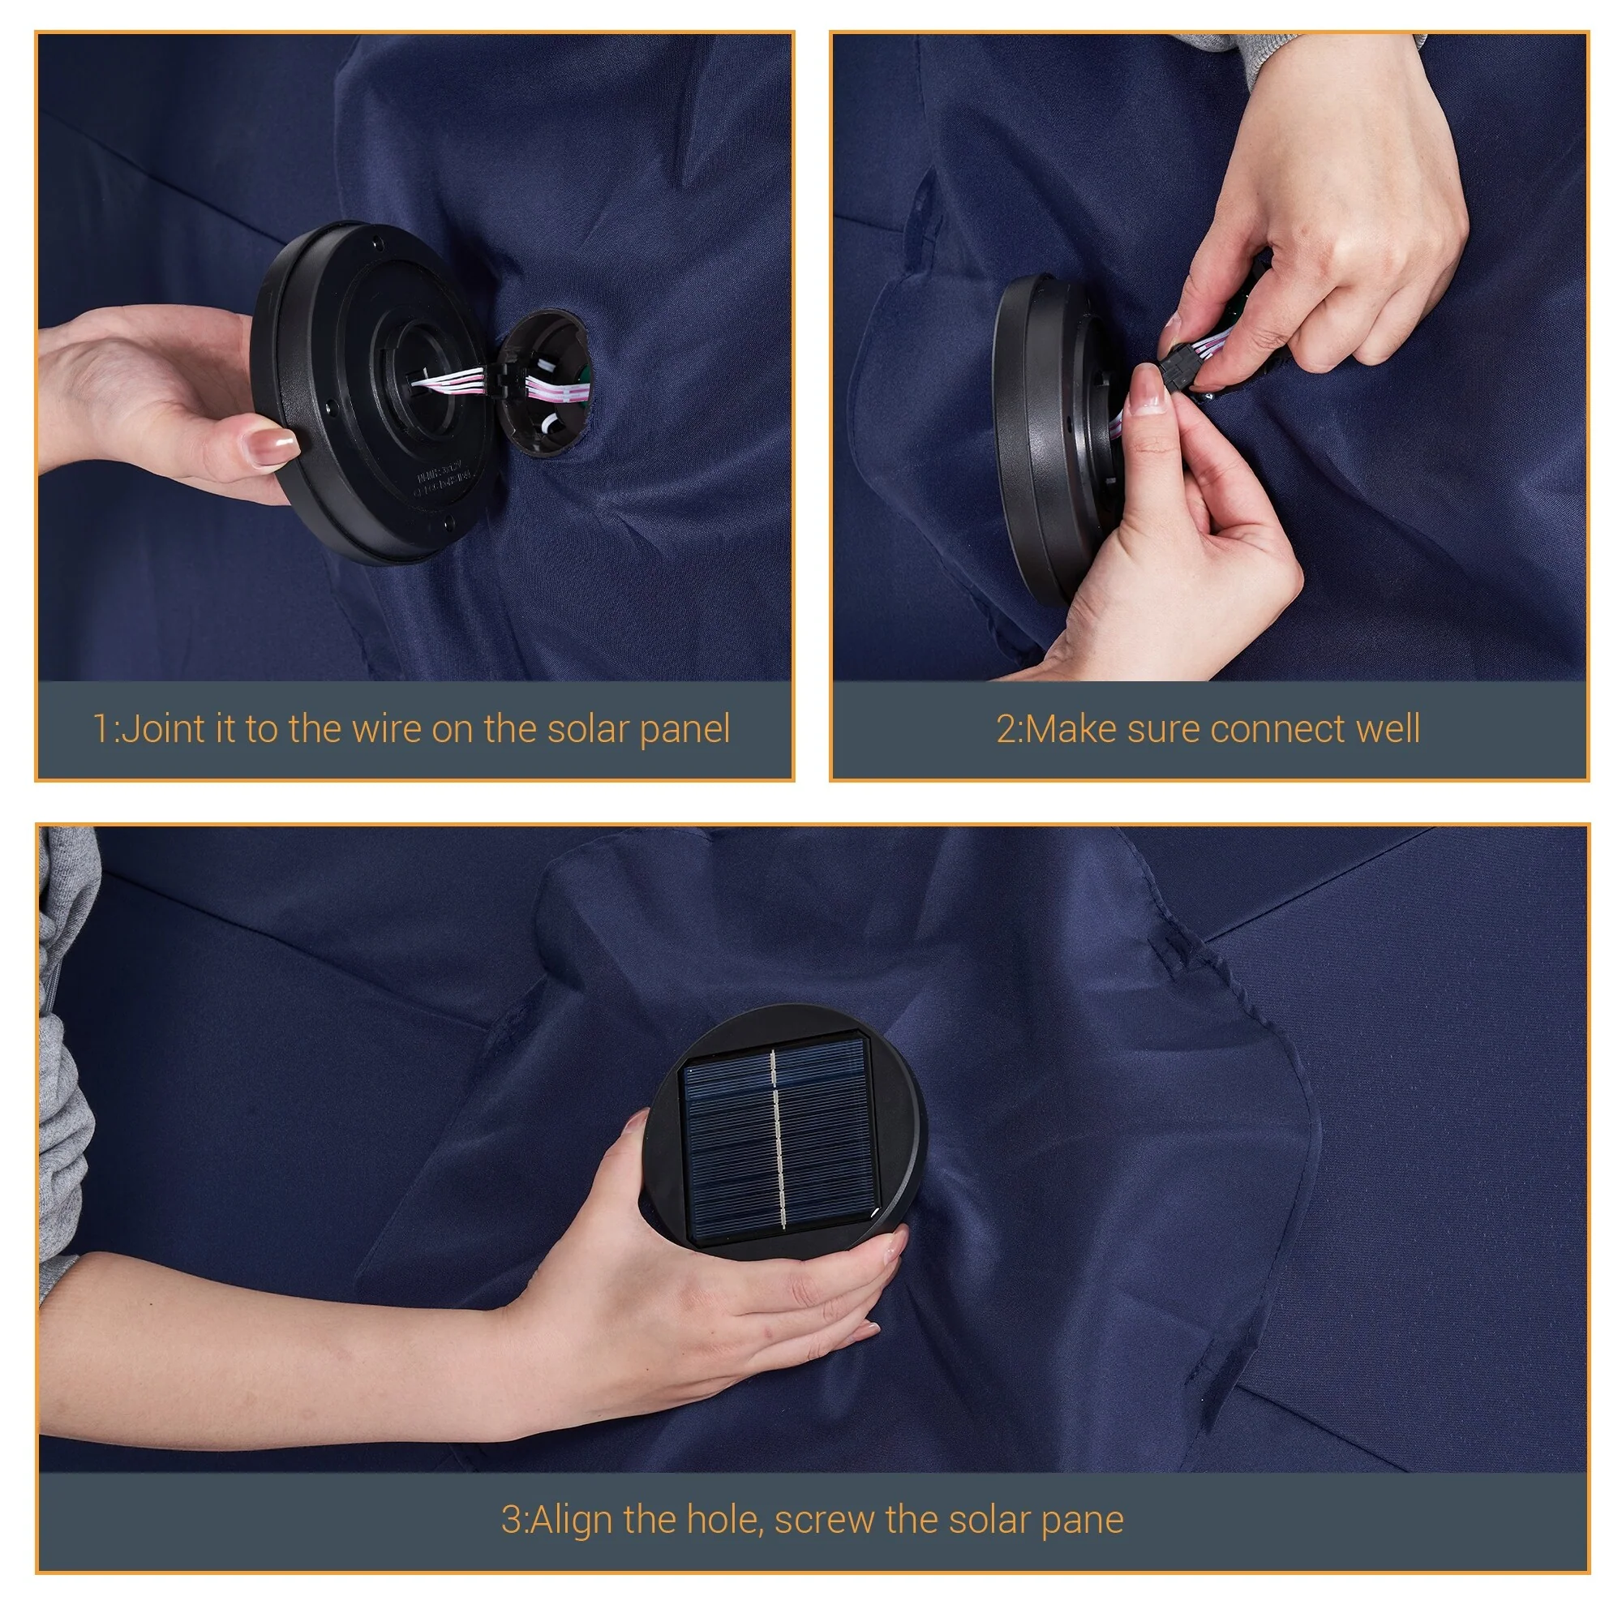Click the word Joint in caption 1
pyautogui.click(x=162, y=729)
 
